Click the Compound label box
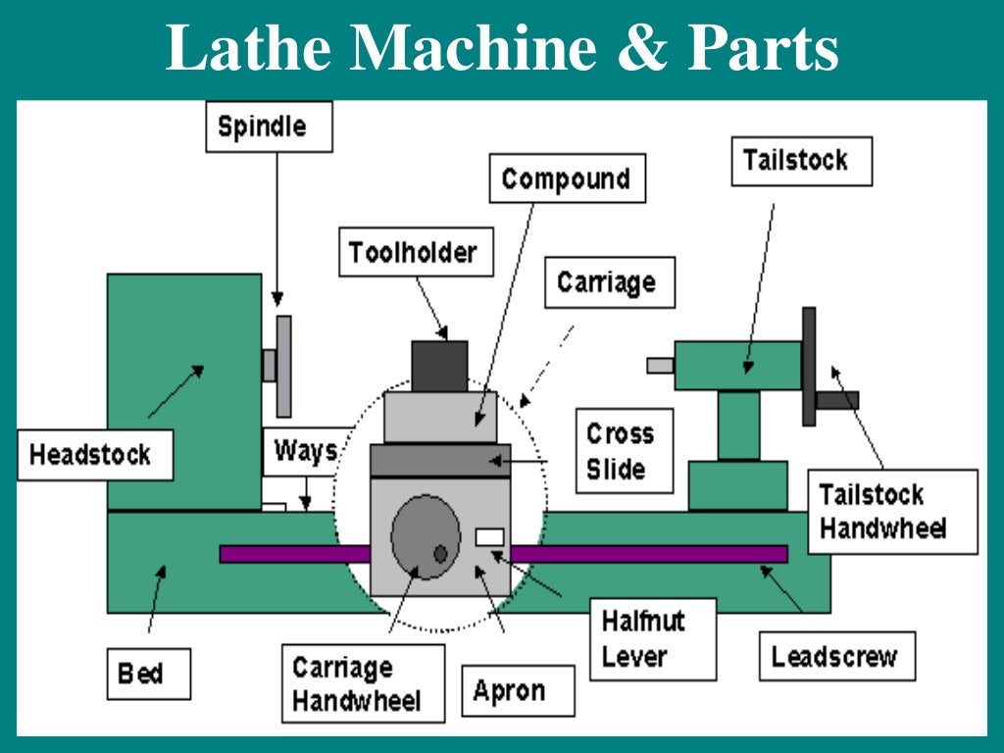click(566, 179)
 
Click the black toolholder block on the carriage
click(438, 366)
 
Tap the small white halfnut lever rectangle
click(489, 536)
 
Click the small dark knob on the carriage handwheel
click(440, 554)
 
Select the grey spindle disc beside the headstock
click(284, 365)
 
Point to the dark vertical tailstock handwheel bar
click(809, 366)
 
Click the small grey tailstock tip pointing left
click(660, 366)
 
